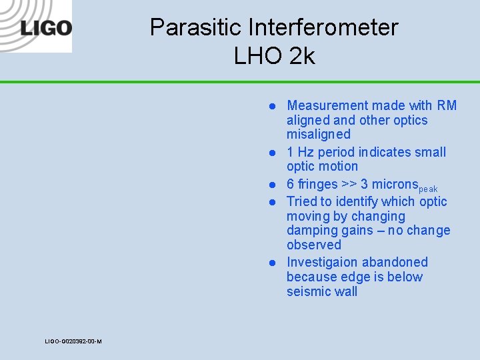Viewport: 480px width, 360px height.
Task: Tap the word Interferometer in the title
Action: (323, 27)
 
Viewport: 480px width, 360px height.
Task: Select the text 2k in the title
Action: (302, 56)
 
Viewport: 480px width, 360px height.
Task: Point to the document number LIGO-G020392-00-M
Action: (73, 341)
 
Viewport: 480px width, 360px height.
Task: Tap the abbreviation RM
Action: (447, 105)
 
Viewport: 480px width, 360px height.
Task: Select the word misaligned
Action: (318, 135)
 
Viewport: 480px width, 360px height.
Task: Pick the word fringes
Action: (317, 184)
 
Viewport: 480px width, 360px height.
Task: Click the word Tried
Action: (302, 201)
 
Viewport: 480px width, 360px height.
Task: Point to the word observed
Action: (313, 245)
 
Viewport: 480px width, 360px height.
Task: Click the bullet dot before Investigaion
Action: (273, 263)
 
